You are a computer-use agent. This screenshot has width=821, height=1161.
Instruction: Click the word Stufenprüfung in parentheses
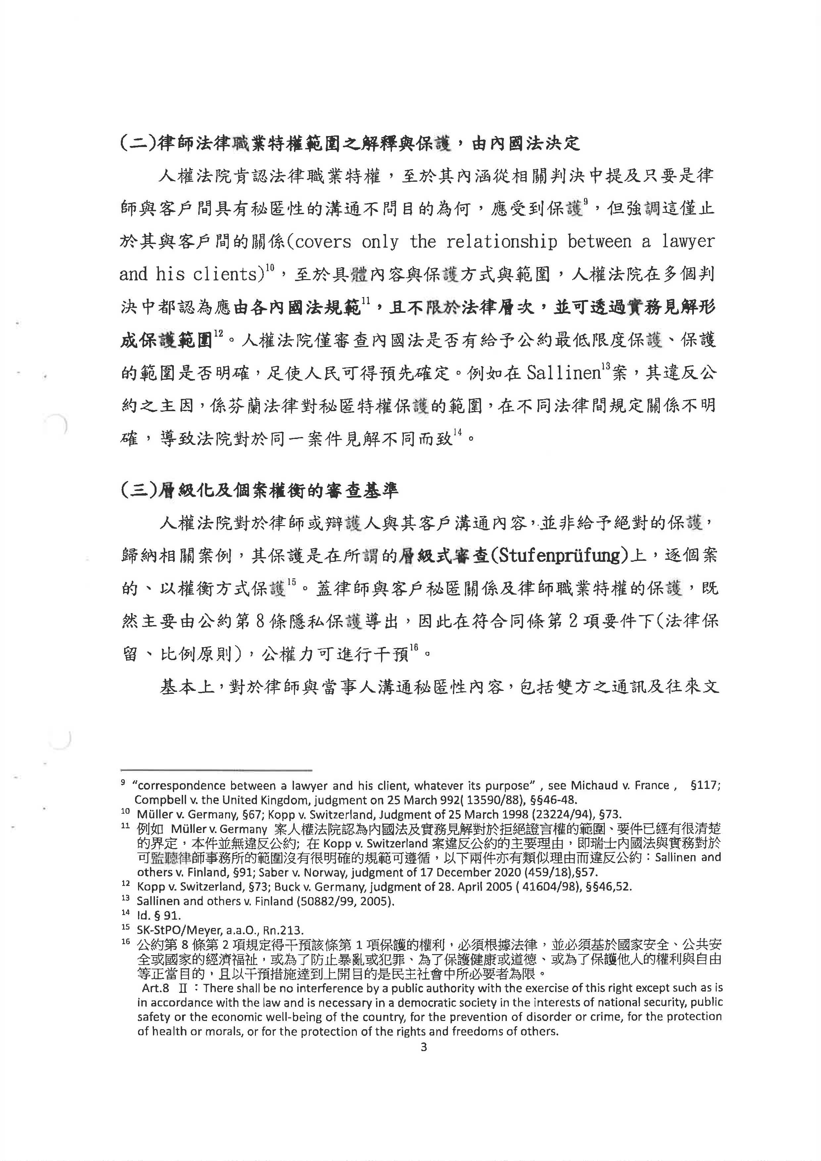(x=555, y=556)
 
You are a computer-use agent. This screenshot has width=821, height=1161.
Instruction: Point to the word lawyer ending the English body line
(x=689, y=242)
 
